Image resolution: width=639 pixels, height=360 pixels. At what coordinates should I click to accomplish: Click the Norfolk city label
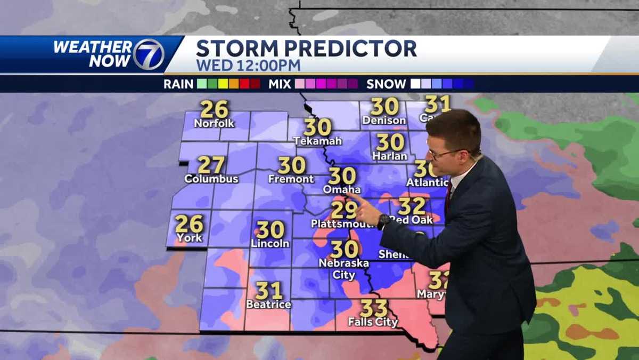point(214,123)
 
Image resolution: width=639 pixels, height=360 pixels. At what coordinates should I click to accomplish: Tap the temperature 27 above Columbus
point(211,164)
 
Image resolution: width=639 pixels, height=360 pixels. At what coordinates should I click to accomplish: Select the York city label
point(190,238)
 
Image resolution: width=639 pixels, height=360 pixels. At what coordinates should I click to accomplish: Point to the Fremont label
point(291,179)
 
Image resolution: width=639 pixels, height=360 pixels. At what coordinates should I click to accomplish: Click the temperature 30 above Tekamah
point(317,127)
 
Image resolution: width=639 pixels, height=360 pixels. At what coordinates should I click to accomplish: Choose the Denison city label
point(384,121)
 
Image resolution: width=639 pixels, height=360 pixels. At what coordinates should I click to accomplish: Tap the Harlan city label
point(390,156)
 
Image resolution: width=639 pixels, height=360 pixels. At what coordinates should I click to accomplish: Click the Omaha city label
point(342,189)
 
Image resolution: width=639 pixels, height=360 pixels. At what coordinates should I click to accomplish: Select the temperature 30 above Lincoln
point(270,230)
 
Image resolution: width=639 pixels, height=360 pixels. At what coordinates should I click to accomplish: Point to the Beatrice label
point(268,305)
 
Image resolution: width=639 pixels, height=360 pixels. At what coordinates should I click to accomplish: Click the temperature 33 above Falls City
point(373,308)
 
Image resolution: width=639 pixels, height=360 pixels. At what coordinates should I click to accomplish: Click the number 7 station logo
point(149,54)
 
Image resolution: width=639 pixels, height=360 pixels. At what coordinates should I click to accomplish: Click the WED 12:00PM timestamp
point(248,66)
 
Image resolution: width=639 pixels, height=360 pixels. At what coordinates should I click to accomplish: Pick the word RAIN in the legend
point(178,84)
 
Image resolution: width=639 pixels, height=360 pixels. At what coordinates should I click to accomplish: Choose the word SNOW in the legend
point(386,84)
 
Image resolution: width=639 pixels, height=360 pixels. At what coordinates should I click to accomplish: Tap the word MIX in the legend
point(280,84)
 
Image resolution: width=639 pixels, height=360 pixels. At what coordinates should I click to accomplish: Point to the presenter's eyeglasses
point(445,154)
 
